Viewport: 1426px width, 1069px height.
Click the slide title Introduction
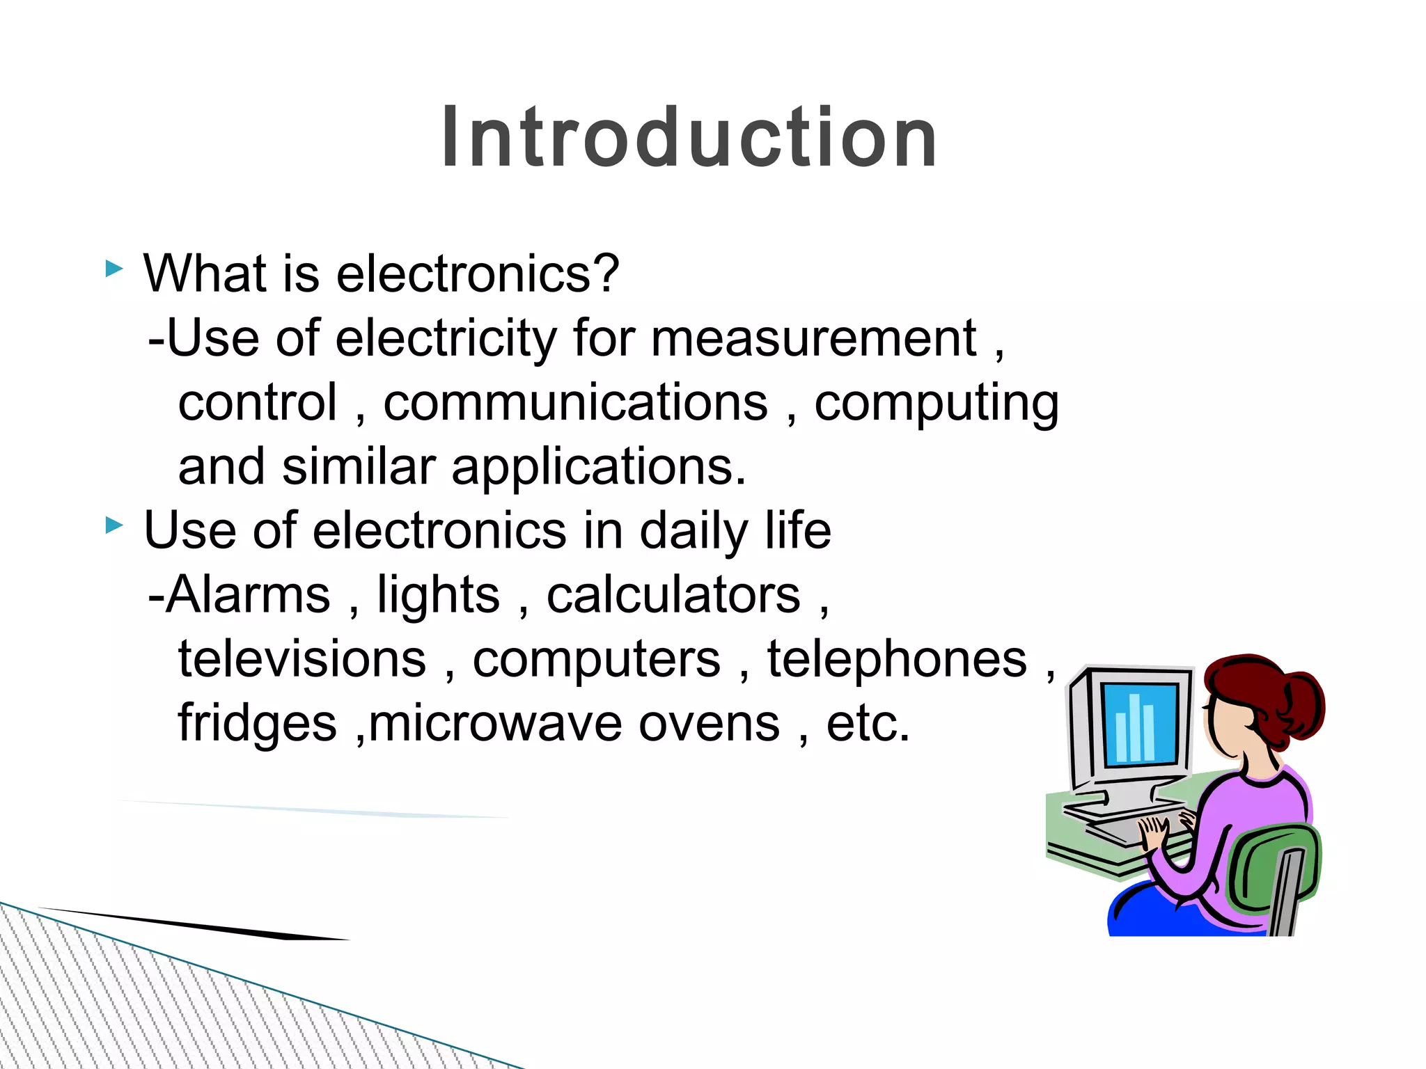click(689, 137)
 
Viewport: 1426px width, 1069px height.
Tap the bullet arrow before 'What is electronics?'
click(114, 268)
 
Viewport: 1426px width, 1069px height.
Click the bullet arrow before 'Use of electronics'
click(114, 525)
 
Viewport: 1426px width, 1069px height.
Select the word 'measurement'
click(814, 339)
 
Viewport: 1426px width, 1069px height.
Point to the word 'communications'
click(575, 403)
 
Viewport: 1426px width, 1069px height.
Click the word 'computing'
click(937, 404)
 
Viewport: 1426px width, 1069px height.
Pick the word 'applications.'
click(599, 468)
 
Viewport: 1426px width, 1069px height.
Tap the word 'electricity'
click(446, 339)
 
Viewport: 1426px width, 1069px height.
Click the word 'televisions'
click(302, 659)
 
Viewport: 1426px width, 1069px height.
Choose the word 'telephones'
click(897, 659)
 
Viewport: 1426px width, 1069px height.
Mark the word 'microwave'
click(495, 724)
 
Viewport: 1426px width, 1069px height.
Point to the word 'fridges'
click(257, 724)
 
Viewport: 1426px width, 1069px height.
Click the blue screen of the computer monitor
click(1140, 724)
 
